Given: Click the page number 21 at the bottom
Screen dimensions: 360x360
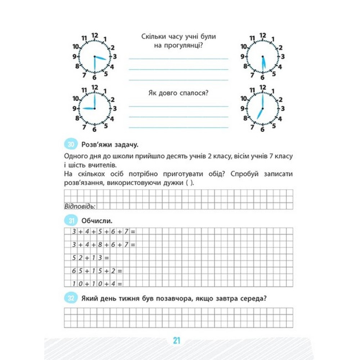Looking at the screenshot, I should click(x=176, y=340).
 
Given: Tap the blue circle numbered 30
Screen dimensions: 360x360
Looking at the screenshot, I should click(x=71, y=145).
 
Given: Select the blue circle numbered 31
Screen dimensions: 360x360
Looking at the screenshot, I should click(x=71, y=221).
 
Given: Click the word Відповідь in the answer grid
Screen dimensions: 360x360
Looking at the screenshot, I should click(x=80, y=206).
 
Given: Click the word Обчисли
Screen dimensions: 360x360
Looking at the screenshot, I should click(x=94, y=221).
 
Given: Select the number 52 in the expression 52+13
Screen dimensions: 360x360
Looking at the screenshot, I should click(x=77, y=258).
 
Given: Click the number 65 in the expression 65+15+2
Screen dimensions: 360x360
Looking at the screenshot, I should click(x=77, y=270).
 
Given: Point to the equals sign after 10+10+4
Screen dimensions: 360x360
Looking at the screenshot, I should click(x=120, y=283).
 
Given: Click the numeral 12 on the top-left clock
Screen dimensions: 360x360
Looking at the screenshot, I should click(x=95, y=35).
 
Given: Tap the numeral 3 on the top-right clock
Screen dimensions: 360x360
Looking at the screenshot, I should click(x=283, y=56).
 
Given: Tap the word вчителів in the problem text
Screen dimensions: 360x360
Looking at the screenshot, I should click(x=105, y=165).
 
